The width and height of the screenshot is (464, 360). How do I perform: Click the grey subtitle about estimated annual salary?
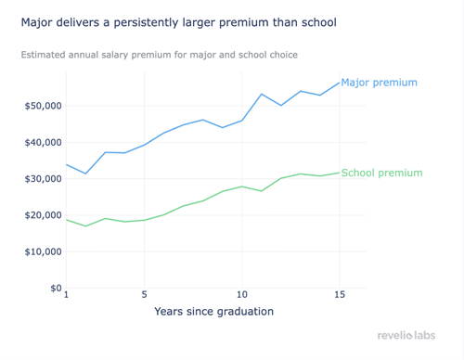(x=159, y=55)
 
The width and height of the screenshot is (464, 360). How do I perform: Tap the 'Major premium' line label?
(x=379, y=83)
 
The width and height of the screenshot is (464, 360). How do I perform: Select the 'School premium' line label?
(x=381, y=173)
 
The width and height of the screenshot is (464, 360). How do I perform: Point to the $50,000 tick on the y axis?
(x=44, y=106)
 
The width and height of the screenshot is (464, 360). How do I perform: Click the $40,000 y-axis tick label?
(x=44, y=142)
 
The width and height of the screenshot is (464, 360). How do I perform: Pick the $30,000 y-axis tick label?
(x=44, y=179)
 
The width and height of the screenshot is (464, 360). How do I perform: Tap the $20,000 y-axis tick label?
(x=44, y=215)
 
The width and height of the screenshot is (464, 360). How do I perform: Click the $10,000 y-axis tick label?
(x=44, y=251)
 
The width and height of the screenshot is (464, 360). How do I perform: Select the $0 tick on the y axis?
(x=55, y=288)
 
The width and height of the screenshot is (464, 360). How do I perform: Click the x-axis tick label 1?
(x=66, y=295)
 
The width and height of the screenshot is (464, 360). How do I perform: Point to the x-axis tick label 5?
(x=144, y=295)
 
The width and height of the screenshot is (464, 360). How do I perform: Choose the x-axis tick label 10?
(x=241, y=295)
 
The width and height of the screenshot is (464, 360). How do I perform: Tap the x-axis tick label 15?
(x=339, y=295)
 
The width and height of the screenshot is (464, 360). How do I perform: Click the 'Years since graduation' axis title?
(x=213, y=312)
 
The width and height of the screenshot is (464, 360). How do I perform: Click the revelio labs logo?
(x=406, y=335)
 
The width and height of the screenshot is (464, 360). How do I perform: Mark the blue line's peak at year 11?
(x=262, y=94)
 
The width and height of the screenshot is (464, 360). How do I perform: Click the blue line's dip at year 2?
(x=85, y=174)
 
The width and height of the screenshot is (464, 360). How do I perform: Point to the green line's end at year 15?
(x=339, y=173)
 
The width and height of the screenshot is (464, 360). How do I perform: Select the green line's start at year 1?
(x=66, y=220)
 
